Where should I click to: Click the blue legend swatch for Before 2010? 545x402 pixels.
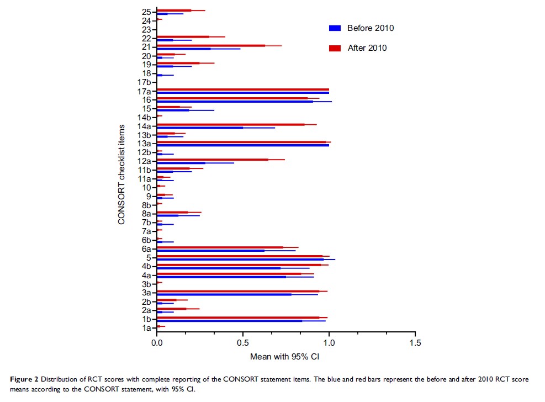tap(334, 28)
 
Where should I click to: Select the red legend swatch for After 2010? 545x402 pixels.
tap(334, 48)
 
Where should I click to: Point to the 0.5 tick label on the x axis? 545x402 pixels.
tap(243, 343)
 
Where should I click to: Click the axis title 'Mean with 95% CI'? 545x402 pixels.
tap(285, 357)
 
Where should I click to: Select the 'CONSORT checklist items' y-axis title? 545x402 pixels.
tap(121, 174)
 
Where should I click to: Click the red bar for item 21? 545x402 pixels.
tap(211, 45)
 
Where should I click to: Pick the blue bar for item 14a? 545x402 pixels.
tap(200, 128)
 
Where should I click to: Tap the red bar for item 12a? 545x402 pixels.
tap(213, 160)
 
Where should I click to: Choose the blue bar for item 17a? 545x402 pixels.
tap(243, 92)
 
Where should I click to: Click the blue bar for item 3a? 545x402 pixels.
tap(224, 294)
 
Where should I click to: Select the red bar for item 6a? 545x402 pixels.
tap(220, 247)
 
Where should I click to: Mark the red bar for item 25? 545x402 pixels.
tap(174, 10)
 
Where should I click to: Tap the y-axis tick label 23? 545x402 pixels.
tap(147, 29)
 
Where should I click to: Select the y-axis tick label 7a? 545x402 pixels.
tap(147, 231)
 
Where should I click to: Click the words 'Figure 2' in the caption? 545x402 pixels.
tap(24, 379)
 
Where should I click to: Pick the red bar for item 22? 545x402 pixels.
tap(183, 37)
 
